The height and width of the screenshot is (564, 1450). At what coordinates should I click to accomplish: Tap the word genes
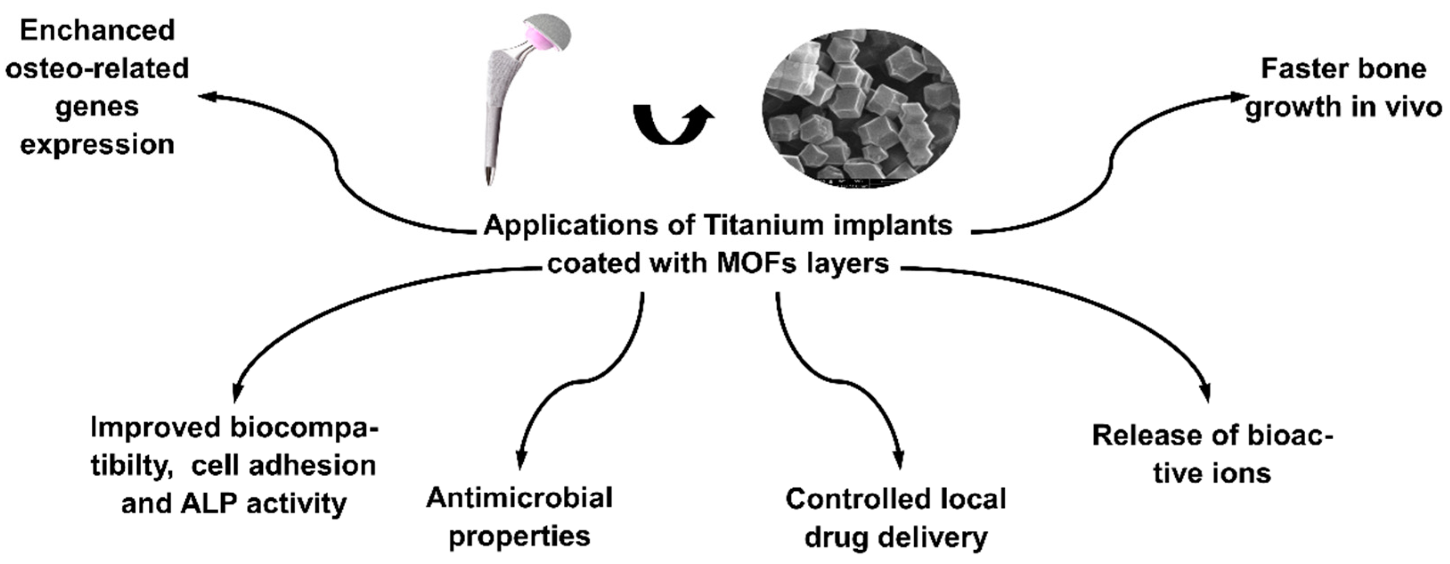click(97, 106)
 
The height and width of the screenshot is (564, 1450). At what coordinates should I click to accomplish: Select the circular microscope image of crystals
click(861, 107)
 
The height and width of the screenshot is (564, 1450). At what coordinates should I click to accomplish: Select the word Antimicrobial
click(519, 498)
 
